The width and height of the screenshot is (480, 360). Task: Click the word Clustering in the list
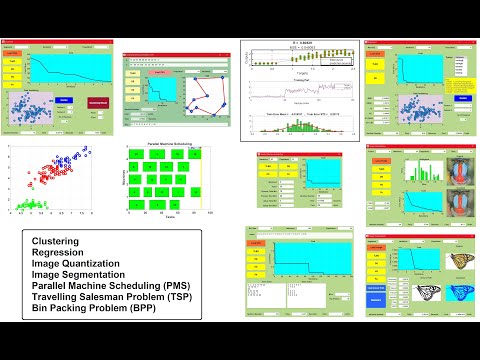click(56, 242)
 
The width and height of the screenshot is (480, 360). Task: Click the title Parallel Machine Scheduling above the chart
click(168, 146)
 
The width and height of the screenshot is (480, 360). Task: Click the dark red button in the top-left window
click(96, 102)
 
